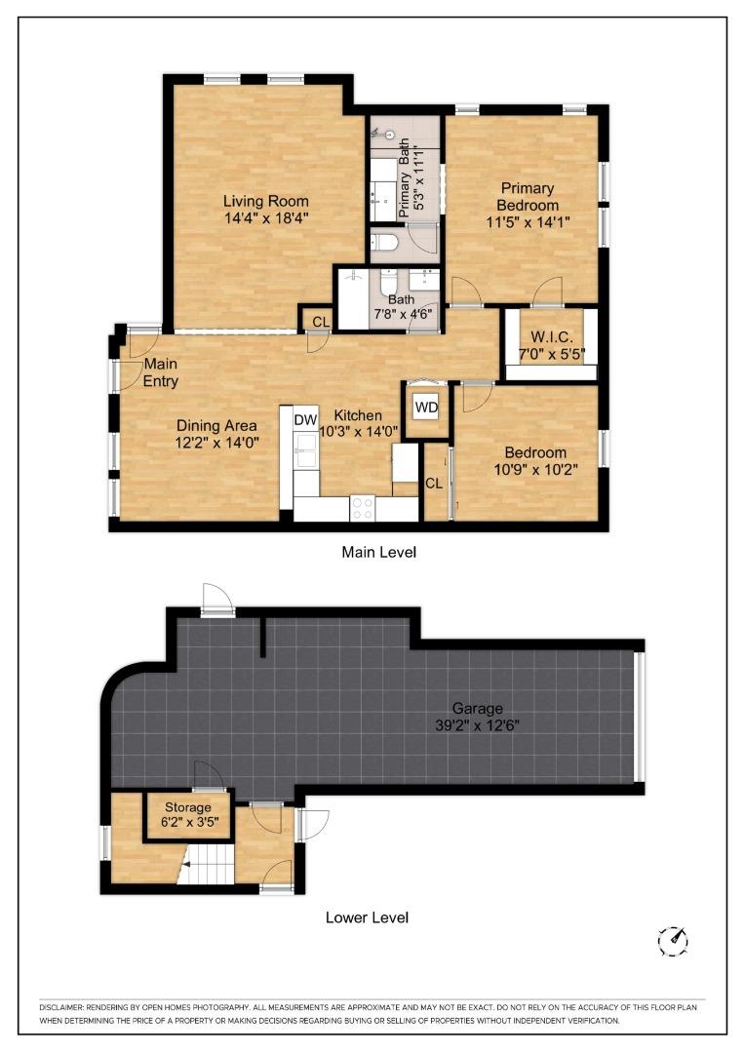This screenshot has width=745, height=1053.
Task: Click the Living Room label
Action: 258,202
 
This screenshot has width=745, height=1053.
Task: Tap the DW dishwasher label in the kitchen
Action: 305,418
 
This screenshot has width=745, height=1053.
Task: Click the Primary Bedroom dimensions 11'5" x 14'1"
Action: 528,222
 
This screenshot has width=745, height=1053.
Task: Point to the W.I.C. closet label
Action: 550,336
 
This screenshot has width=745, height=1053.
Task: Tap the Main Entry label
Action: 161,372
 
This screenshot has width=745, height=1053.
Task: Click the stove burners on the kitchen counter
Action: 363,507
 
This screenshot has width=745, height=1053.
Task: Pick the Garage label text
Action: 477,708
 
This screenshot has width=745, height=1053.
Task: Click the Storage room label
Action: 187,807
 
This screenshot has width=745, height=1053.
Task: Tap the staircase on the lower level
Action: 210,864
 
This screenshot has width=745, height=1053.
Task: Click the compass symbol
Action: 674,940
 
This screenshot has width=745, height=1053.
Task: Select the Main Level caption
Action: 378,552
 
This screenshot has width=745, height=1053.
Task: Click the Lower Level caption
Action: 367,917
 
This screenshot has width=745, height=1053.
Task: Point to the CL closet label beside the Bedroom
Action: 434,483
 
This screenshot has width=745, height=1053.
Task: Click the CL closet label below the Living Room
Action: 320,322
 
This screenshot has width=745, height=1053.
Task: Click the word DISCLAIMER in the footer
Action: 69,1006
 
